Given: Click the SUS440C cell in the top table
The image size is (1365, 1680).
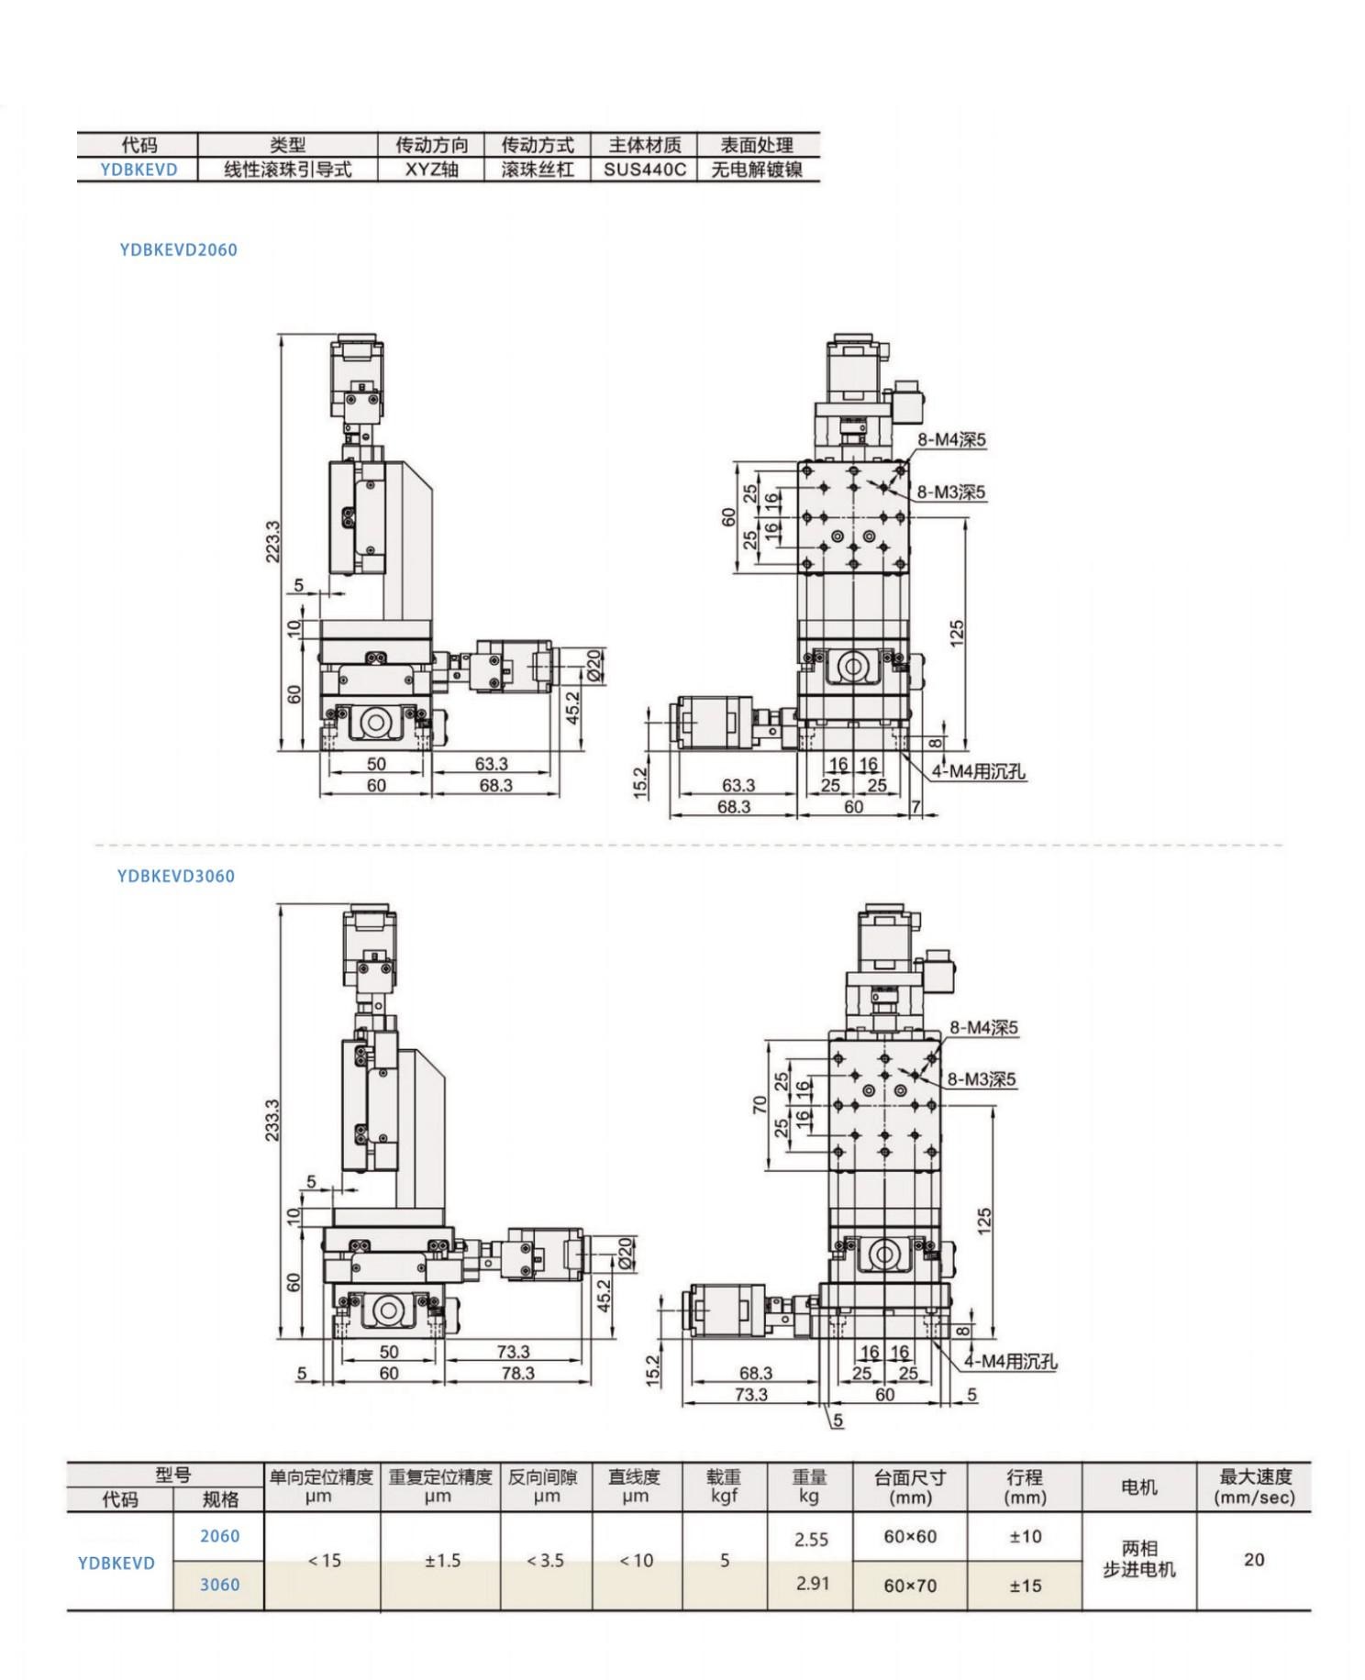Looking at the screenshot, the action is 644,170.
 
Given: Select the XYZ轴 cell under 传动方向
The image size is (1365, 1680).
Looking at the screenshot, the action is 431,170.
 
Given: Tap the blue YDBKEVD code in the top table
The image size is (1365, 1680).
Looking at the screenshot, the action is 139,170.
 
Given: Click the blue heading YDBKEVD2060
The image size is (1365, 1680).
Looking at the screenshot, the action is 178,249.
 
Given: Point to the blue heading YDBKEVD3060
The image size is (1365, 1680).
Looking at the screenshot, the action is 176,876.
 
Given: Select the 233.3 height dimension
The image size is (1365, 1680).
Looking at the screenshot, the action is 272,1120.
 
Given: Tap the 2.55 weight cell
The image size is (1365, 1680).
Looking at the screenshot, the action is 812,1540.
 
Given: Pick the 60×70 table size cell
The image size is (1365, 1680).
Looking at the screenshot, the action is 910,1586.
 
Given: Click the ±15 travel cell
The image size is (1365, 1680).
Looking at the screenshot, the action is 1026,1586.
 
